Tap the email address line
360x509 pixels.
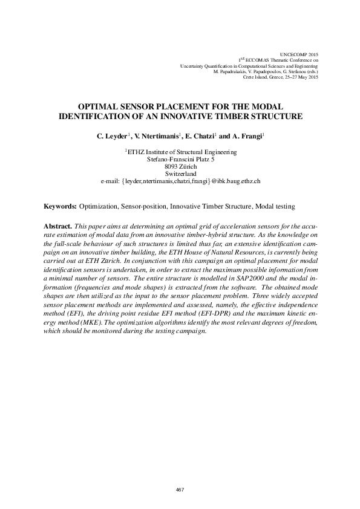[180, 181]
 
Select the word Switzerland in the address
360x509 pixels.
[180, 173]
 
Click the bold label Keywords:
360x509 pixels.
[61, 207]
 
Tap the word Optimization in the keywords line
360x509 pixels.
[99, 207]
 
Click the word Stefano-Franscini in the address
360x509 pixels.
[169, 159]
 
